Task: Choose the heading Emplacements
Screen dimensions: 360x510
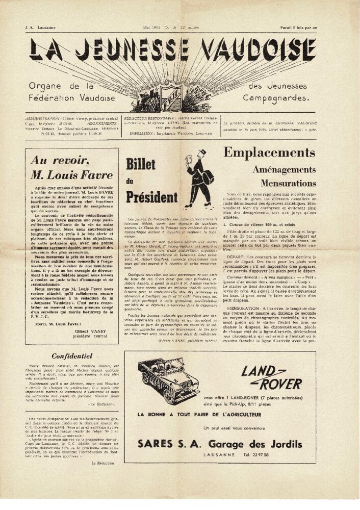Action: pos(269,152)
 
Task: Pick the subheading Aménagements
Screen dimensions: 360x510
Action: pos(284,170)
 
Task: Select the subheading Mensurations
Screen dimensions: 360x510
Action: pos(289,183)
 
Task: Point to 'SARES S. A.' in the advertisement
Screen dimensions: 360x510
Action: pos(164,445)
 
